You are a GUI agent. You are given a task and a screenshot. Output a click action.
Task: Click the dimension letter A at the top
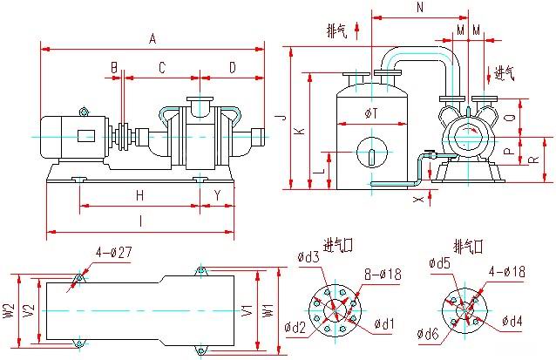pyautogui.click(x=153, y=38)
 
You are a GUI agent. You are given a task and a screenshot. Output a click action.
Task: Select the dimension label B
pyautogui.click(x=113, y=67)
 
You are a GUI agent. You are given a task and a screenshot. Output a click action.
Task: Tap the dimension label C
pyautogui.click(x=161, y=67)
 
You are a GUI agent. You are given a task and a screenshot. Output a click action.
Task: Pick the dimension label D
pyautogui.click(x=232, y=67)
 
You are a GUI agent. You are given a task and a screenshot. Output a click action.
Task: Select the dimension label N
pyautogui.click(x=420, y=8)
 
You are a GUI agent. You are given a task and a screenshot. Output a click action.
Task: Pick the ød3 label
pyautogui.click(x=309, y=257)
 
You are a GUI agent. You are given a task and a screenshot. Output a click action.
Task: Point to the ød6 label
pyautogui.click(x=427, y=332)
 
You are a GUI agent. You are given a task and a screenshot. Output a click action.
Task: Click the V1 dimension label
pyautogui.click(x=248, y=309)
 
